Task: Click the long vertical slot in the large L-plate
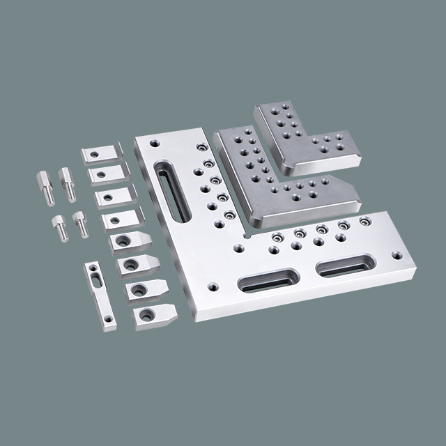click(x=169, y=190)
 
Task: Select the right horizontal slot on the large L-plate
click(x=345, y=265)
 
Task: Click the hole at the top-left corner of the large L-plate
click(x=154, y=144)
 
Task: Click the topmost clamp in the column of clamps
click(x=102, y=153)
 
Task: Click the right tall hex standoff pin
click(x=68, y=184)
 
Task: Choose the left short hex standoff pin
click(x=60, y=226)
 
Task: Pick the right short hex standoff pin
click(x=81, y=224)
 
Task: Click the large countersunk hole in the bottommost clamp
click(x=146, y=315)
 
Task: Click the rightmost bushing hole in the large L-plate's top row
click(x=364, y=221)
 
